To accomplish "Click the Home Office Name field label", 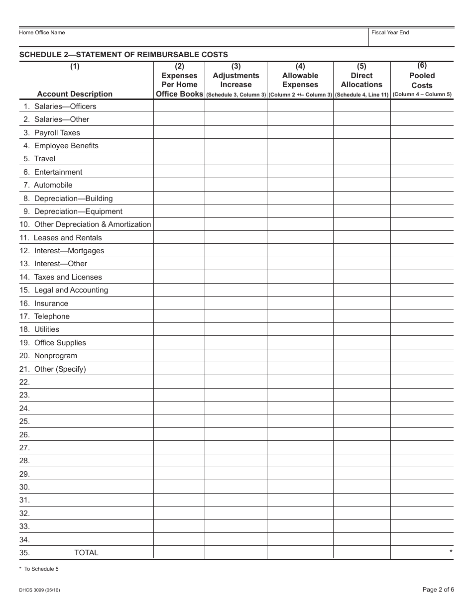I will pos(42,33).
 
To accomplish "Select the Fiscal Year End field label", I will pos(390,33).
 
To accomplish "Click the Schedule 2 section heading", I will pos(123,55).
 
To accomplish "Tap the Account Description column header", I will pos(75,94).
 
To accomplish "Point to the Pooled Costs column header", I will pos(422,80).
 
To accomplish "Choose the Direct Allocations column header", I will pos(361,80).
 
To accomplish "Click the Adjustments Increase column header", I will pos(236,80).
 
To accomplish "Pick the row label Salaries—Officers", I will pos(65,106).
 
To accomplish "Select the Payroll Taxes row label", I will pos(57,133).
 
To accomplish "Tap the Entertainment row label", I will pos(58,172).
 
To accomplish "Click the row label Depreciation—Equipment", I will pos(78,211).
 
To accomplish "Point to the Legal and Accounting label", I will pos(71,290).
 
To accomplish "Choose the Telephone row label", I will pos(52,316).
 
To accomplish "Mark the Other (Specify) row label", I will pos(60,369).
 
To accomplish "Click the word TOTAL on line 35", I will pos(86,553).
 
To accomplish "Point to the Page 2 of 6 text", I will pos(438,590).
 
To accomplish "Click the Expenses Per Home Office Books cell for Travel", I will pos(179,159).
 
